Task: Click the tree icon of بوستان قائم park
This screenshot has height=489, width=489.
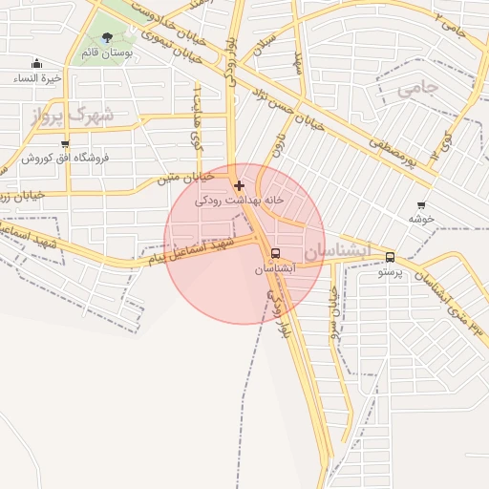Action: pyautogui.click(x=106, y=37)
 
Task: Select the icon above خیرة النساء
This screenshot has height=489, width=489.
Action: pyautogui.click(x=35, y=64)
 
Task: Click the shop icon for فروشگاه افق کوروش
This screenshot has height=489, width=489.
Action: pyautogui.click(x=65, y=144)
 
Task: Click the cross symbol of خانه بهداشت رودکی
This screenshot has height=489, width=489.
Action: pyautogui.click(x=239, y=185)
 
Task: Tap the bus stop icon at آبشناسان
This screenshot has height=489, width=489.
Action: pyautogui.click(x=276, y=254)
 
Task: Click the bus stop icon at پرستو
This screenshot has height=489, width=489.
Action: pyautogui.click(x=390, y=257)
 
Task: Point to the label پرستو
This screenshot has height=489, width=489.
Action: pyautogui.click(x=390, y=271)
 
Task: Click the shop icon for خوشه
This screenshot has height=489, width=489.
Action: pyautogui.click(x=421, y=204)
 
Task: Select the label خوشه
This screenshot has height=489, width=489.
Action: pyautogui.click(x=421, y=218)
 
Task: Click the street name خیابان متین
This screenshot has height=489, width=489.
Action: pyautogui.click(x=181, y=177)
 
